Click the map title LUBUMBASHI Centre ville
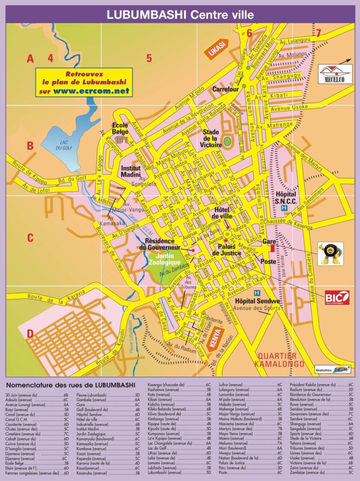180,15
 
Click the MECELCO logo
335,73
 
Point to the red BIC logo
337,297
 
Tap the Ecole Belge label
120,128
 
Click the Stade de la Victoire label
212,139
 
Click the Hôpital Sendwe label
257,301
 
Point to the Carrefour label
226,89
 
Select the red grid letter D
30,334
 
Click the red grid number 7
318,33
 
